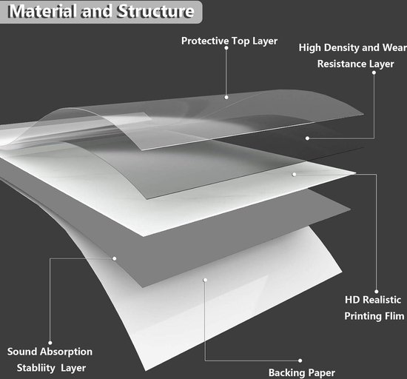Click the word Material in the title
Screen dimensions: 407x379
click(x=43, y=11)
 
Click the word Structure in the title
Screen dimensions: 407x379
click(x=155, y=11)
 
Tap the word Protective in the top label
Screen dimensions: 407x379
click(x=205, y=41)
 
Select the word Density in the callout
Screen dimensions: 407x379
click(x=341, y=48)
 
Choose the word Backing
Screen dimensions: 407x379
click(x=286, y=373)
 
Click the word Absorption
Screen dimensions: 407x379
click(x=66, y=352)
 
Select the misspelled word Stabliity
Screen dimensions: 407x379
click(x=36, y=368)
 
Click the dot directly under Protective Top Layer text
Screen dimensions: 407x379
click(x=226, y=48)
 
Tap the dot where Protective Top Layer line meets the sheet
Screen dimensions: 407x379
click(x=226, y=98)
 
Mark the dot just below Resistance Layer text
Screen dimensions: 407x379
click(x=374, y=73)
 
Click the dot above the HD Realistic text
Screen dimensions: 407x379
click(x=377, y=292)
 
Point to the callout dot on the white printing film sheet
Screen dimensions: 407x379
click(x=294, y=175)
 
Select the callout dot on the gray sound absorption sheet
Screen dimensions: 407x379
click(x=114, y=258)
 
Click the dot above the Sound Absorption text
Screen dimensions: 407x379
click(x=50, y=343)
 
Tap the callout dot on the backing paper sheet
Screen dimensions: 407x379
click(x=205, y=280)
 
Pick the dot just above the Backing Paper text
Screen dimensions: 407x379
click(x=300, y=360)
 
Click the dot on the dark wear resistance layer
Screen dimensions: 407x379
click(x=307, y=138)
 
